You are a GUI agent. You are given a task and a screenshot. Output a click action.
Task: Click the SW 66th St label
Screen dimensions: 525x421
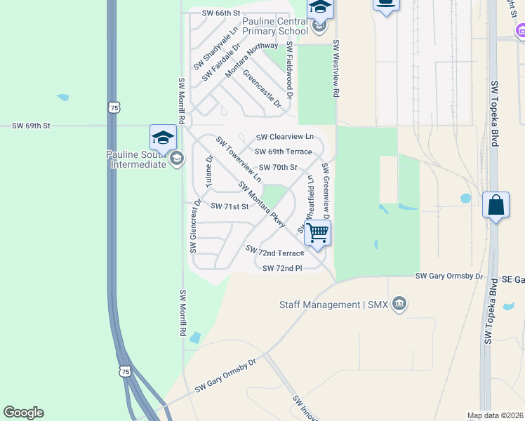(221, 13)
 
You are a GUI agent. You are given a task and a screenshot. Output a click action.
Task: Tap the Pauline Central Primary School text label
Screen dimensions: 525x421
(275, 26)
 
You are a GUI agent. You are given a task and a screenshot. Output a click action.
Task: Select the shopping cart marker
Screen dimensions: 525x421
(318, 232)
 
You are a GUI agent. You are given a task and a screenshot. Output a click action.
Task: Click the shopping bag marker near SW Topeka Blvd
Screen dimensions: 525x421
(496, 206)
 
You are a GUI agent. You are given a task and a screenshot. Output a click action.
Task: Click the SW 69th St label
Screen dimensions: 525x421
(32, 126)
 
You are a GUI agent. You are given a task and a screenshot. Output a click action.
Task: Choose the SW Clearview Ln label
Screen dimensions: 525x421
(284, 137)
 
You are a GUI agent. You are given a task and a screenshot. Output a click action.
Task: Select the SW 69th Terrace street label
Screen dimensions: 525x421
(283, 152)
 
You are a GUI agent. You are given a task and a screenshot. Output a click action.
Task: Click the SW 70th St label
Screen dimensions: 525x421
(278, 168)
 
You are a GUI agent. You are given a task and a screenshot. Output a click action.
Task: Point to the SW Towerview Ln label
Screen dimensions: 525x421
(239, 159)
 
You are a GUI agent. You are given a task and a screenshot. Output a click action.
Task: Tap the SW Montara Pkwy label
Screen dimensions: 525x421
(262, 204)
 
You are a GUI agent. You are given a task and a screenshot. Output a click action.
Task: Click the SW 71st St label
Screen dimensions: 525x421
(230, 206)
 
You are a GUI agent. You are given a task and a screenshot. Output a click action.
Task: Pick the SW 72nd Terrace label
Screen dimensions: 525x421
(274, 251)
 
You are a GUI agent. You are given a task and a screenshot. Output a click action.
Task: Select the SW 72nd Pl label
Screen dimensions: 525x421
(281, 268)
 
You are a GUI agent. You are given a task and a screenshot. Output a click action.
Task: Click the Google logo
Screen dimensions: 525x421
(23, 413)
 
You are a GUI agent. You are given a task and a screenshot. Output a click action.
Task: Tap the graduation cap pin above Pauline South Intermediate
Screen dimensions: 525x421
(162, 138)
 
